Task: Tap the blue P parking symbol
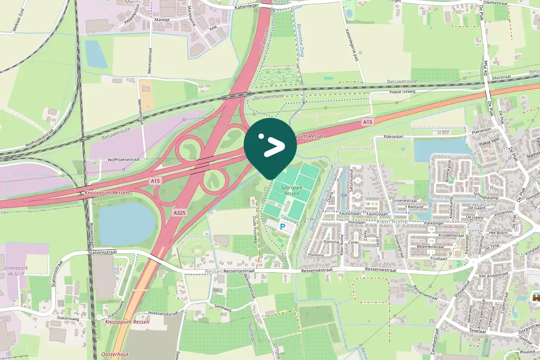click(x=283, y=227)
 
